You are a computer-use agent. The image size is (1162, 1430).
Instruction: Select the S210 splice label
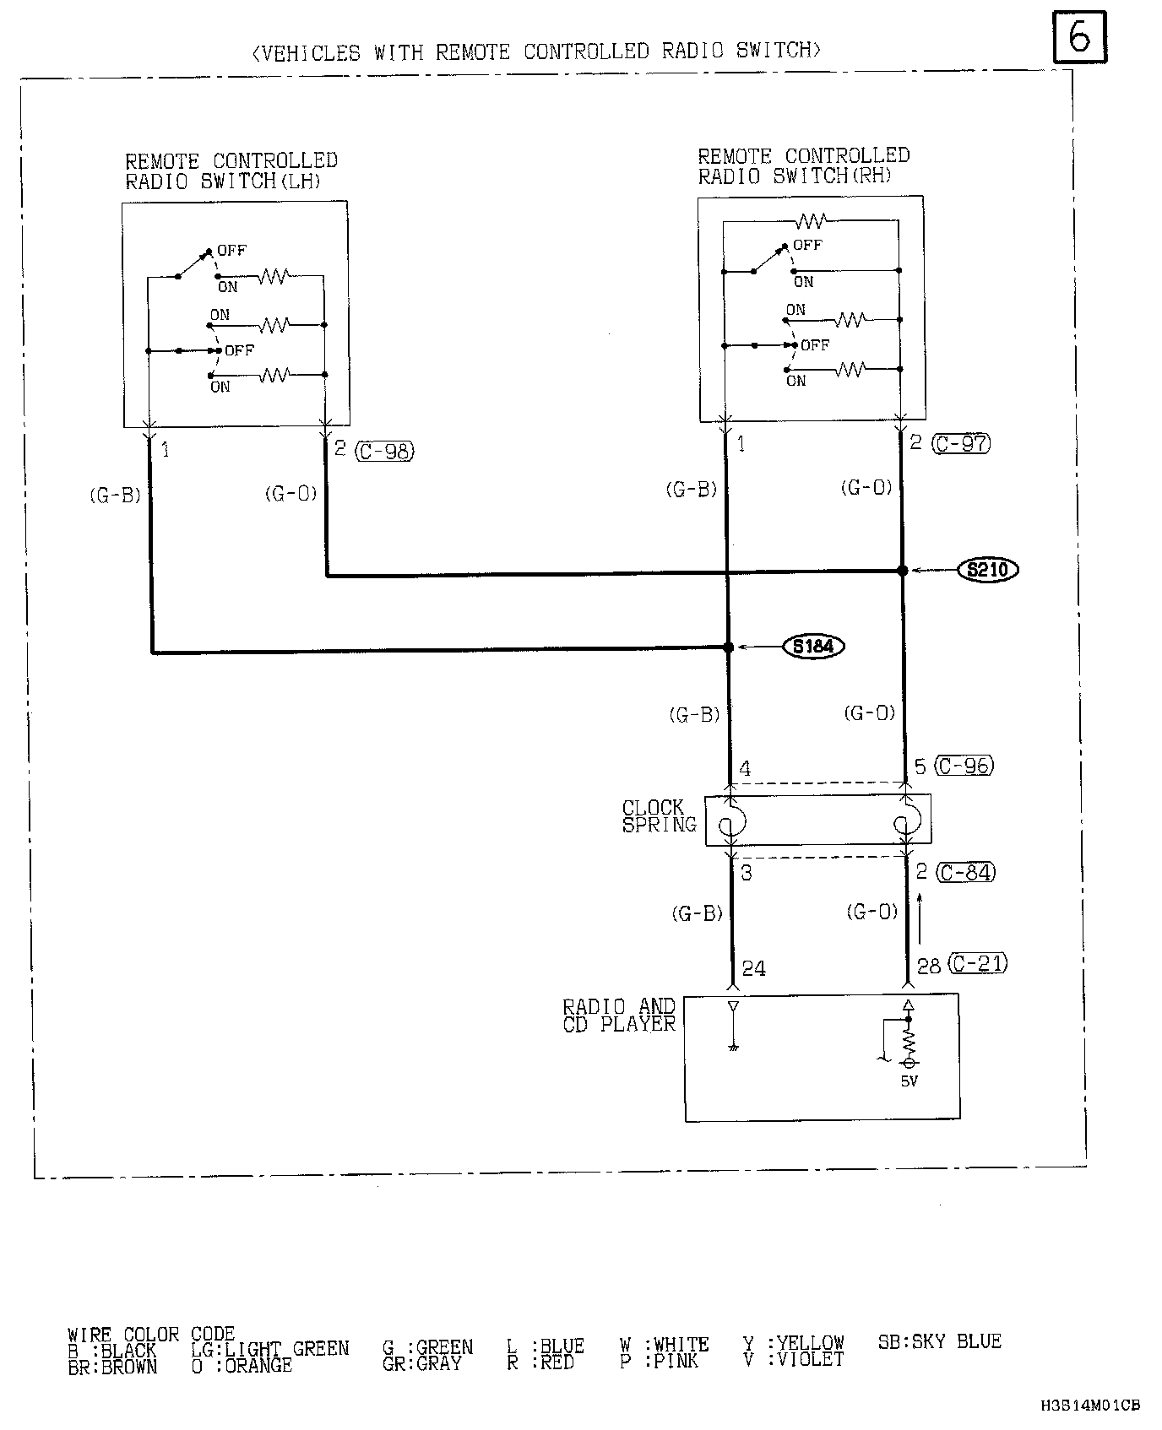coord(988,571)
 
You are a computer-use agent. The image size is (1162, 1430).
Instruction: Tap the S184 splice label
coord(814,647)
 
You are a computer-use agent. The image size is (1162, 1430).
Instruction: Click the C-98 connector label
coord(385,452)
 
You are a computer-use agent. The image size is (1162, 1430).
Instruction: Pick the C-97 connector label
coord(961,443)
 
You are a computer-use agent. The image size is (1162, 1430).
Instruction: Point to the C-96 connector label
coord(965,766)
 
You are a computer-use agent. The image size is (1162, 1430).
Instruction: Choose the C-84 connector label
coord(966,872)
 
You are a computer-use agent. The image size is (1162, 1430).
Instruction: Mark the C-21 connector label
coord(978,963)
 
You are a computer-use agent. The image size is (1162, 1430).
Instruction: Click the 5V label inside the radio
coord(909,1081)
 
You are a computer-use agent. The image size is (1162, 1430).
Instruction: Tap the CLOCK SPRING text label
coord(659,816)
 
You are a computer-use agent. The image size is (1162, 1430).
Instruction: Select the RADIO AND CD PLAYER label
coord(619,1016)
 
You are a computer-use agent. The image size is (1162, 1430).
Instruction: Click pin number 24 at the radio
coord(753,969)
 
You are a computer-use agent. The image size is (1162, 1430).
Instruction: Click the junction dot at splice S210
coord(902,571)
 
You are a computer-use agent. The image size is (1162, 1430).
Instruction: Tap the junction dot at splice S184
coord(728,647)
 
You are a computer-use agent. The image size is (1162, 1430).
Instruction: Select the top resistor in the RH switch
coord(811,221)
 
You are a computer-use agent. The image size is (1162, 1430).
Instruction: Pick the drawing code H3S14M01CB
coord(1089,1406)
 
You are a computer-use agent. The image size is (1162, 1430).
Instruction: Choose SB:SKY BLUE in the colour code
coord(939,1341)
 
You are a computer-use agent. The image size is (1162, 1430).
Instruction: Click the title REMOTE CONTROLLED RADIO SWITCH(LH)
coord(231,171)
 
